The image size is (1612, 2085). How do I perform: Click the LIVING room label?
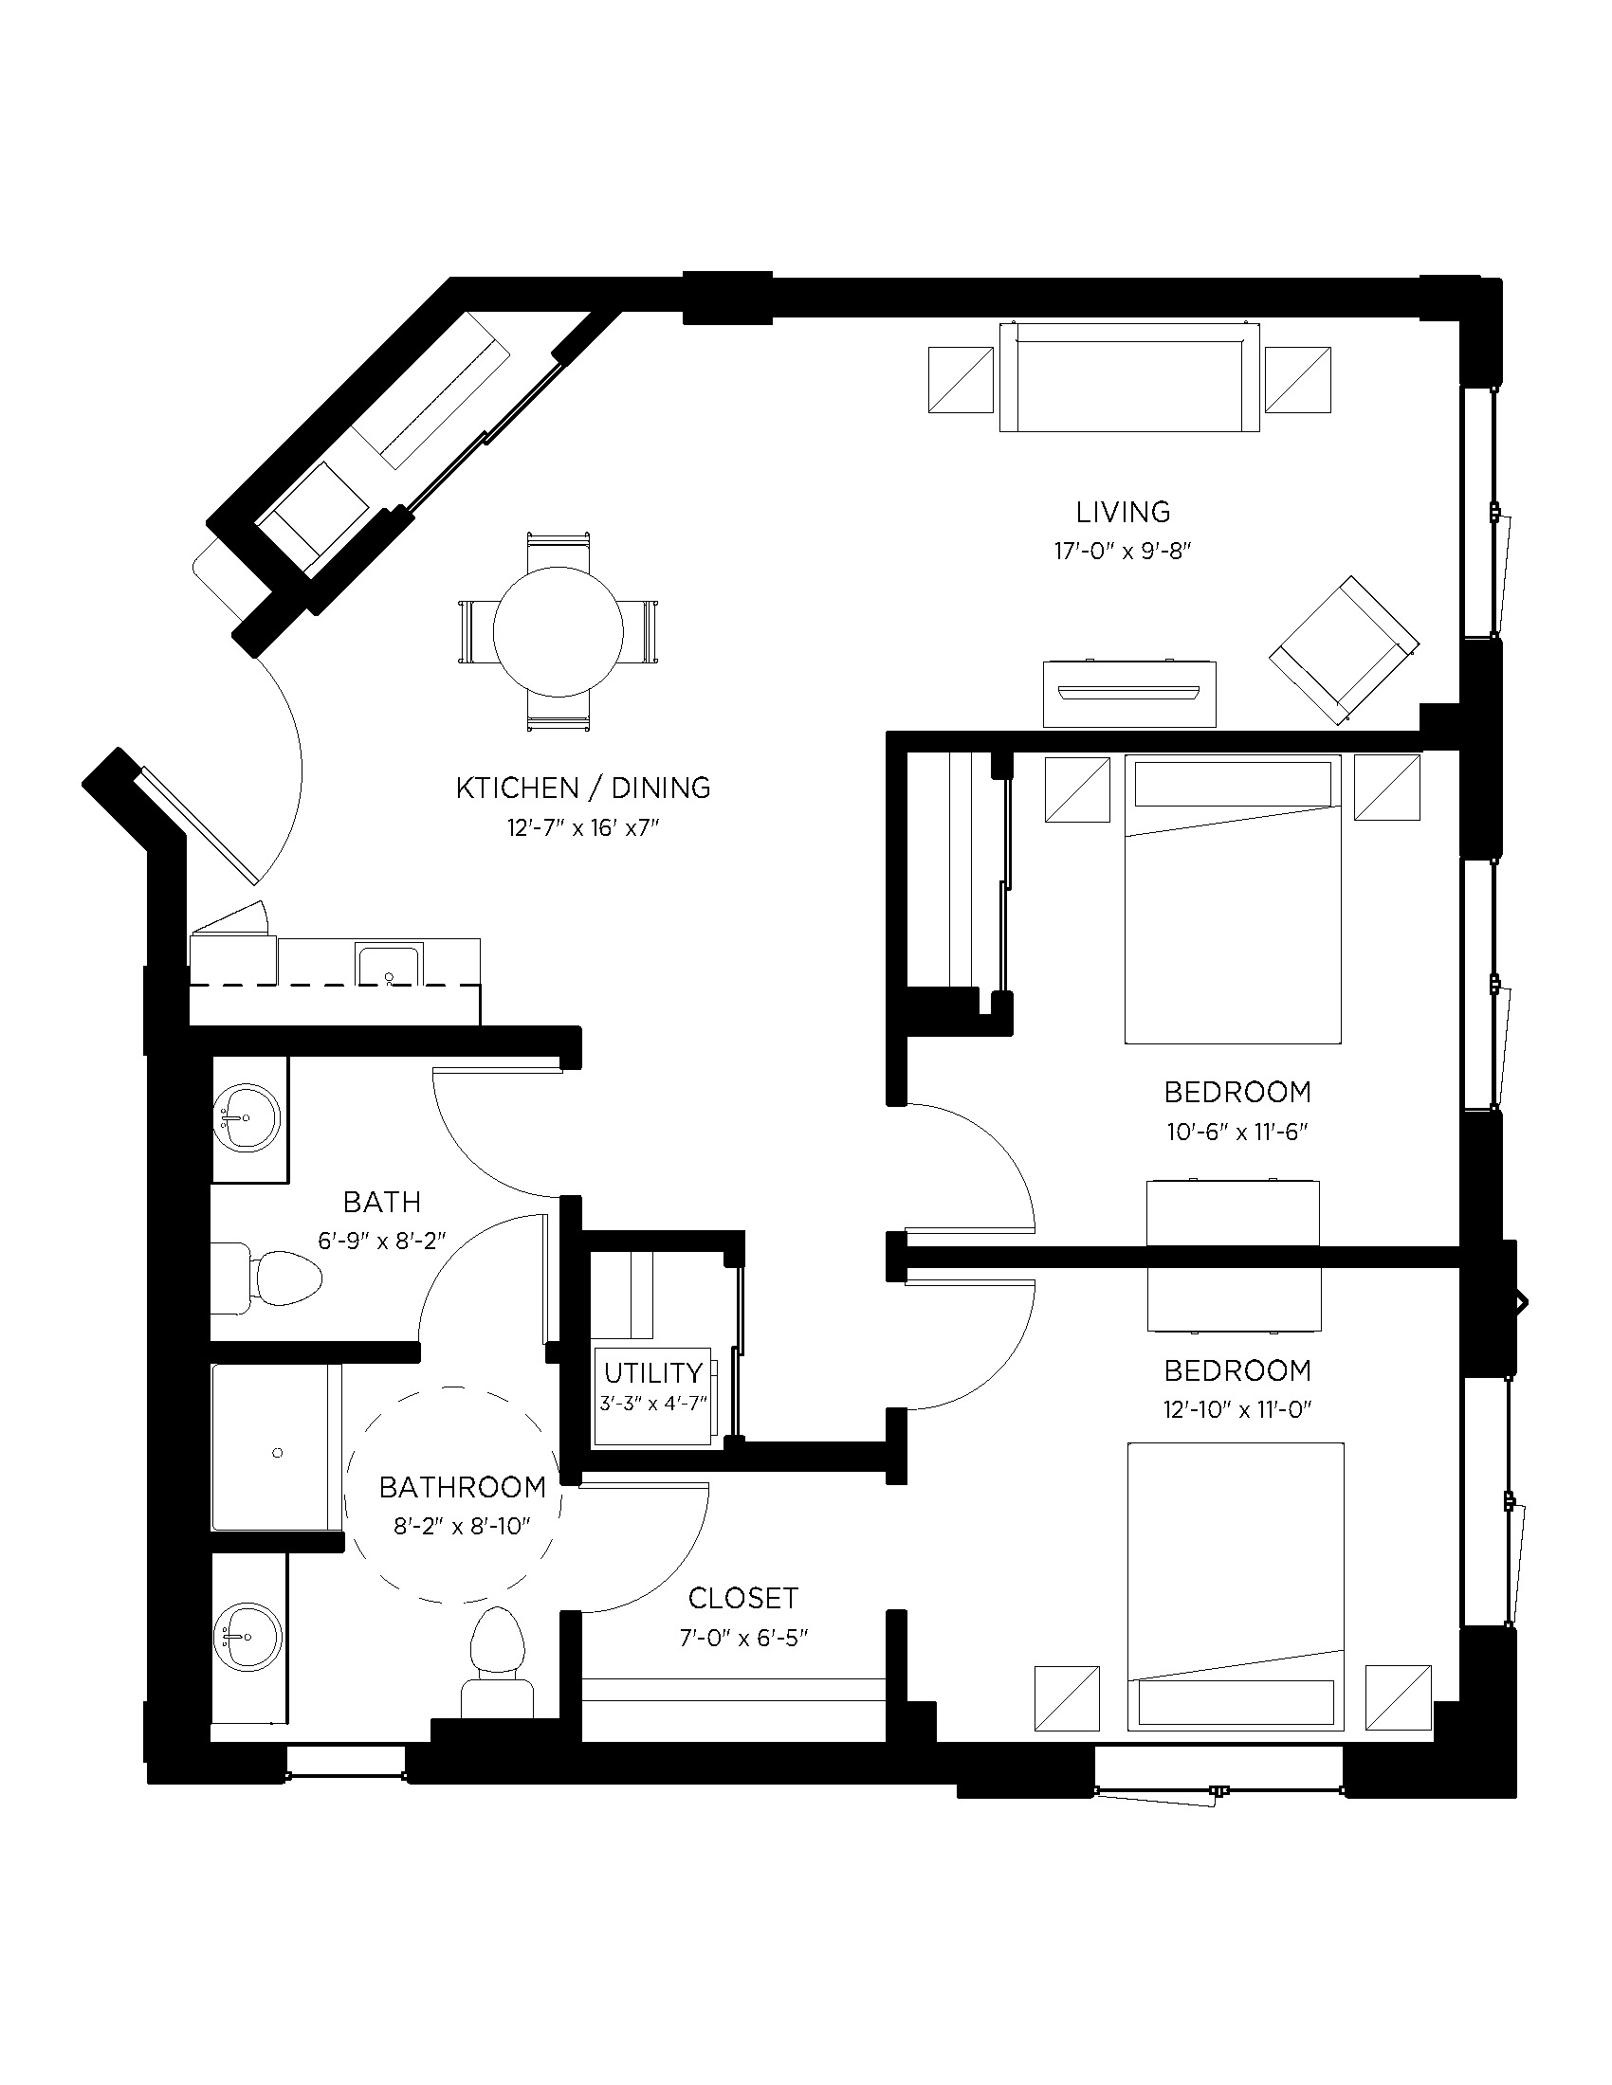click(1122, 512)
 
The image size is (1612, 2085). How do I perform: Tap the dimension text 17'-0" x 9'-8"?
click(1123, 552)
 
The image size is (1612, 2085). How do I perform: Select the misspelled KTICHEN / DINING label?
click(582, 788)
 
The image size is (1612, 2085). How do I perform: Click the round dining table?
click(558, 631)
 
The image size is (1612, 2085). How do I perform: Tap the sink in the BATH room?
click(247, 1117)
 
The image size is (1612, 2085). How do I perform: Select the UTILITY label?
click(653, 1373)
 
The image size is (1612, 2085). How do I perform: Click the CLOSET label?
click(743, 1598)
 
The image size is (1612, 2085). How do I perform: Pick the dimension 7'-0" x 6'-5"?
click(743, 1639)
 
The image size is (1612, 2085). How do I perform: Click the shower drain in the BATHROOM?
click(278, 1453)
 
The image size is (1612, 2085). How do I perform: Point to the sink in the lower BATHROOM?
click(247, 1639)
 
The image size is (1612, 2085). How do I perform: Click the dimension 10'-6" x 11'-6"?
click(1236, 1133)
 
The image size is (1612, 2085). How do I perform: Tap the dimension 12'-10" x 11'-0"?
click(1236, 1409)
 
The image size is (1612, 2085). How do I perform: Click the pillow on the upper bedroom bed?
click(1232, 785)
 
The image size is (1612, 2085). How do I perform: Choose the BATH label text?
click(382, 1201)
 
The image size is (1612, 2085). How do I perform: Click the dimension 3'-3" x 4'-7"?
click(653, 1405)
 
